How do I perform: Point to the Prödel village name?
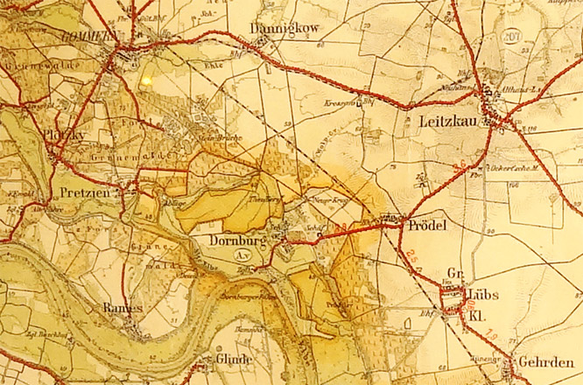pyautogui.click(x=428, y=226)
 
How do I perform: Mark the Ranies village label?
pyautogui.click(x=121, y=307)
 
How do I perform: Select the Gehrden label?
pyautogui.click(x=544, y=361)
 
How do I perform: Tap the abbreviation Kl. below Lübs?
pyautogui.click(x=478, y=312)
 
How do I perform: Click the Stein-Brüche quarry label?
pyautogui.click(x=220, y=137)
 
